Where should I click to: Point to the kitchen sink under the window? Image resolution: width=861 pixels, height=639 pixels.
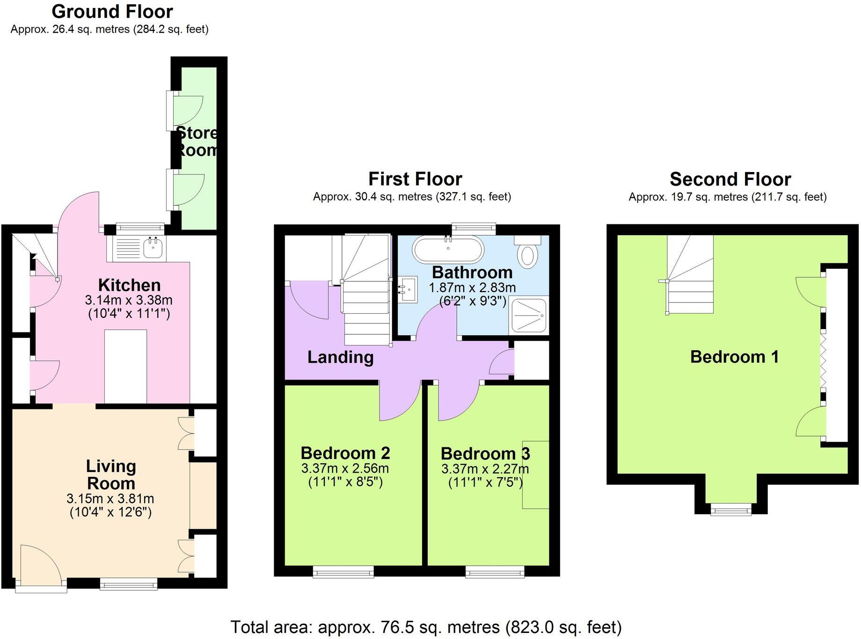(x=152, y=248)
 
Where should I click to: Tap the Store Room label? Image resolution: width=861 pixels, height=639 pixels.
(x=197, y=141)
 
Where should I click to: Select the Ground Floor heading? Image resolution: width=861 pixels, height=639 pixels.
(x=112, y=11)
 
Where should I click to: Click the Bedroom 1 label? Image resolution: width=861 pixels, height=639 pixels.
(x=734, y=357)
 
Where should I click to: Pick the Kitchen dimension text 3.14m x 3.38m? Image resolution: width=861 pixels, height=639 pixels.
(x=129, y=300)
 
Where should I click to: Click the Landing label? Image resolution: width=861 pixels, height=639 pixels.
(x=340, y=357)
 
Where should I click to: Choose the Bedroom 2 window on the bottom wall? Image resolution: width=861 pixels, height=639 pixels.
(x=343, y=571)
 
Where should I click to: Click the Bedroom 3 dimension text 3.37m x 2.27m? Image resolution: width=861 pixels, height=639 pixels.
(x=485, y=468)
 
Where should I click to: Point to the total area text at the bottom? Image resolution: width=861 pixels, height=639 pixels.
(x=426, y=627)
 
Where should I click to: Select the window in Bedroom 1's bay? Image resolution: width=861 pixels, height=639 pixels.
(x=731, y=509)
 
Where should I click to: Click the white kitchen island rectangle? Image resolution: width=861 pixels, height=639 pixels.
(x=125, y=366)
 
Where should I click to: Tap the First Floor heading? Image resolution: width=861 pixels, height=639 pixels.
(x=415, y=179)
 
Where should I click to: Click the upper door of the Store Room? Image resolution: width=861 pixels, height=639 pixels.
(x=187, y=110)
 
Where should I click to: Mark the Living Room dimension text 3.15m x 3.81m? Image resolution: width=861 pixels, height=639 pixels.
(x=110, y=499)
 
